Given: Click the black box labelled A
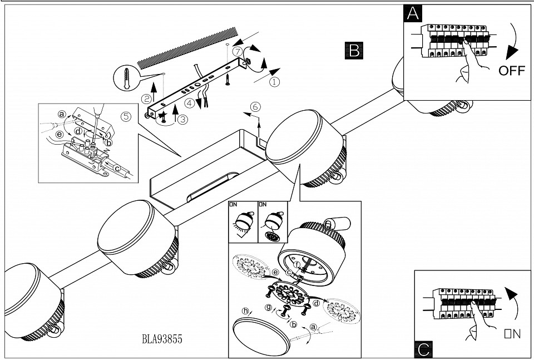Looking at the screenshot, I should pos(412,14).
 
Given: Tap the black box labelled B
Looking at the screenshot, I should pos(353,51).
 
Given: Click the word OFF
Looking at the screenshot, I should pos(512,71).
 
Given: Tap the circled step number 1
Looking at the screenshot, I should pos(274,81).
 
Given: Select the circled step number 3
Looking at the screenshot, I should pos(182,118).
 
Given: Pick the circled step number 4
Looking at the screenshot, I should pos(190,103).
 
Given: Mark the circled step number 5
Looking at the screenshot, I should pos(126,116).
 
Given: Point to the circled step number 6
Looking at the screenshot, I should pos(255,106).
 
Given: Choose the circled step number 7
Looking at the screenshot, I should pos(238,51).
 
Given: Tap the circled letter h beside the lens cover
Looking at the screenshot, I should pos(245,311).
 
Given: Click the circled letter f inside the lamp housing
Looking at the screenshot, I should pos(297,264).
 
